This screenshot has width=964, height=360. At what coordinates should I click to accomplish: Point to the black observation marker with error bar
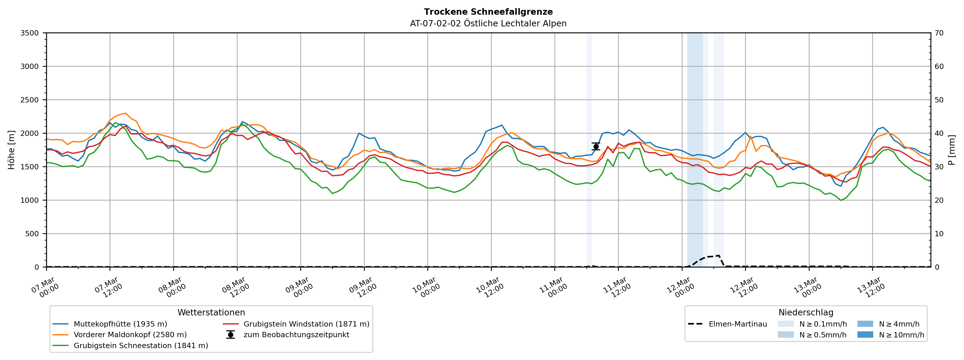(x=596, y=146)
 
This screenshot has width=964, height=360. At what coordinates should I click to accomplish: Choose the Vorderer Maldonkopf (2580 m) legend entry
(x=130, y=335)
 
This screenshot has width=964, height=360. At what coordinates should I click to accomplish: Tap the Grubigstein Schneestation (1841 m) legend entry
(x=141, y=345)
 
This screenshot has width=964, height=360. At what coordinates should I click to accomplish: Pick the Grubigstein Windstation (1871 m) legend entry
(x=306, y=324)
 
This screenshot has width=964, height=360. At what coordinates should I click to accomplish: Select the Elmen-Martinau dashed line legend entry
(x=737, y=324)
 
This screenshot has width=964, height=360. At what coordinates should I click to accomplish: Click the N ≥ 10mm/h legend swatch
(x=865, y=335)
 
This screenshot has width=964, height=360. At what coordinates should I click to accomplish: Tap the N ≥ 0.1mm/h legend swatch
(x=785, y=324)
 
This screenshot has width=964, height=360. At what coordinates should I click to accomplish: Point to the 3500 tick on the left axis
(x=30, y=33)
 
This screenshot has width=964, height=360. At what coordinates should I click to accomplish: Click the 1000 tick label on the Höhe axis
(x=30, y=200)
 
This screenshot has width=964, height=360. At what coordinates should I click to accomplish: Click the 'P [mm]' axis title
(x=952, y=150)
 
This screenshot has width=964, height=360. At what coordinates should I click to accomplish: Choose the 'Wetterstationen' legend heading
(x=211, y=313)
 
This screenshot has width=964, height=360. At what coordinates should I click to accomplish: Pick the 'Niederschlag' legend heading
(x=806, y=313)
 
